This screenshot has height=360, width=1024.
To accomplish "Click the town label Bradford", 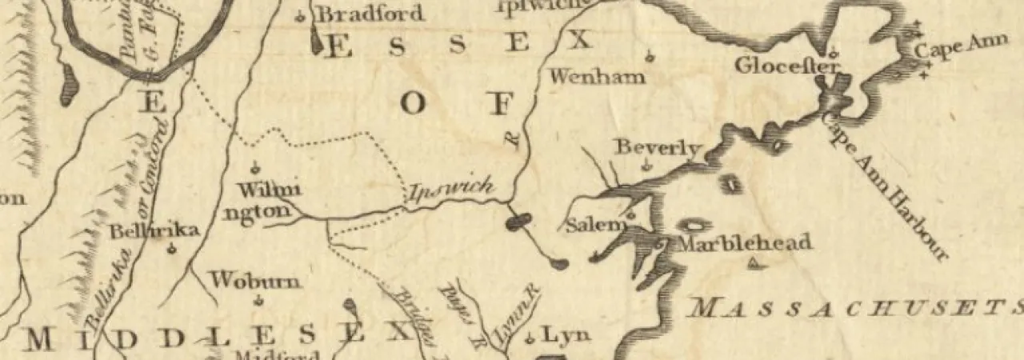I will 370,14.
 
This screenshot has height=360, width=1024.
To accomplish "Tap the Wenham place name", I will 597,77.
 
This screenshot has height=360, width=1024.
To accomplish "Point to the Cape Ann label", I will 950,49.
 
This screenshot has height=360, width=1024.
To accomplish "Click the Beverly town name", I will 658,148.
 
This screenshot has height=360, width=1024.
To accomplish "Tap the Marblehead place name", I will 745,242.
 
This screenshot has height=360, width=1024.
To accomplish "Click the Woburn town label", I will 255,281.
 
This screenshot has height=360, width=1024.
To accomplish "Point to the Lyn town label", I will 566,334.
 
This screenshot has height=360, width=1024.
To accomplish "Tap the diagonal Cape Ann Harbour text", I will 885,186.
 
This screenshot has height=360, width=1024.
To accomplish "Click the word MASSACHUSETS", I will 856,307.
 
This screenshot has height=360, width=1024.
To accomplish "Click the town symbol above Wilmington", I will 255,168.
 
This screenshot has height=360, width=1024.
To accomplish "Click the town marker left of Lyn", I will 529,339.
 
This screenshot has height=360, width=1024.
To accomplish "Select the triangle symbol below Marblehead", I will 753,265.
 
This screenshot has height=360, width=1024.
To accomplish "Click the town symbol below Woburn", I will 258,301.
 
